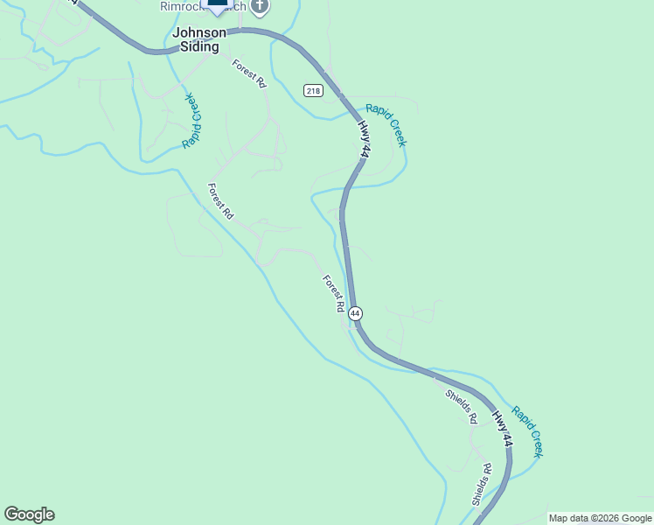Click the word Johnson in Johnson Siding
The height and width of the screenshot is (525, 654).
pyautogui.click(x=200, y=32)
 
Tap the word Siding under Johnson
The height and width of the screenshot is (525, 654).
pyautogui.click(x=200, y=47)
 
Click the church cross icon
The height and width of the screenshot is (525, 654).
pyautogui.click(x=259, y=7)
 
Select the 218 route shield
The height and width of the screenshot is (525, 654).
pyautogui.click(x=314, y=91)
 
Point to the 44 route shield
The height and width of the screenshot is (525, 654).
pyautogui.click(x=355, y=312)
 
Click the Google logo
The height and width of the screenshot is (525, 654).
pyautogui.click(x=29, y=514)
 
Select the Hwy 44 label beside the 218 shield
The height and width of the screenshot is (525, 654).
pyautogui.click(x=364, y=139)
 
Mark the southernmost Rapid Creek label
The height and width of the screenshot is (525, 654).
pyautogui.click(x=528, y=430)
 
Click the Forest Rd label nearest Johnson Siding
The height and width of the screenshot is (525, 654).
pyautogui.click(x=249, y=73)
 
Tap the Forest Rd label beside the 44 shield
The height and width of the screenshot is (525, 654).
pyautogui.click(x=333, y=294)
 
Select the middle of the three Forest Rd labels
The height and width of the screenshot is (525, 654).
pyautogui.click(x=220, y=200)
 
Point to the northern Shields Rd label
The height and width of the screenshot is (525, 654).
pyautogui.click(x=461, y=408)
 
